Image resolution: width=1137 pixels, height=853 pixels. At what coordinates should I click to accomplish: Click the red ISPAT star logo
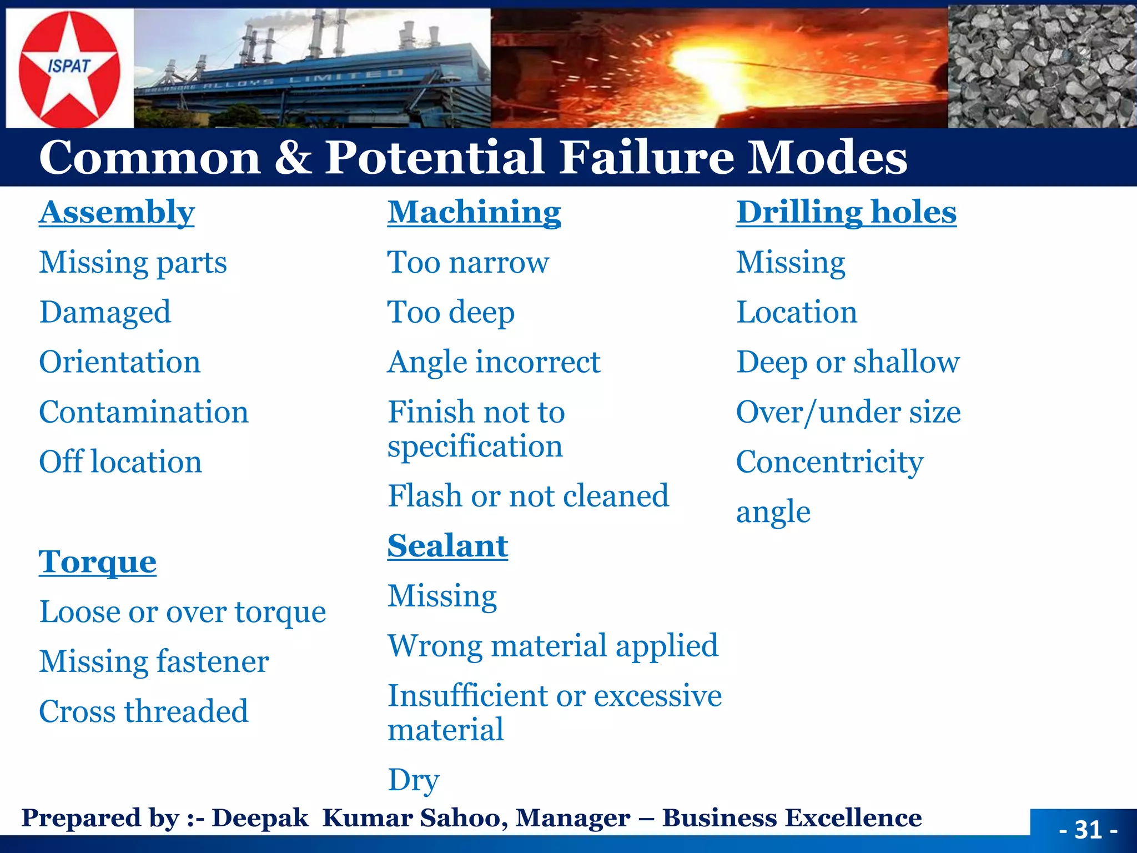click(x=69, y=69)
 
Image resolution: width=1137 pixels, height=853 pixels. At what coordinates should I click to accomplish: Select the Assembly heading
click(x=117, y=212)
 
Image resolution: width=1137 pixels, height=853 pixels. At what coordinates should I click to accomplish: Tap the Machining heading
click(x=474, y=212)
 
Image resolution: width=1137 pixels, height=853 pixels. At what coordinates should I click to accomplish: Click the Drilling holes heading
click(x=846, y=212)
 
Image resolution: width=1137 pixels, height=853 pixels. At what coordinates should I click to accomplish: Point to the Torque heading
click(x=97, y=562)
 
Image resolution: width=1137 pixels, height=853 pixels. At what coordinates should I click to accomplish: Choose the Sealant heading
click(x=447, y=546)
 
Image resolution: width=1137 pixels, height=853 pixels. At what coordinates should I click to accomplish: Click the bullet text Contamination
click(x=143, y=412)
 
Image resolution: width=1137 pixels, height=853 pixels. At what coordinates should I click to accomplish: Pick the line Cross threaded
click(x=143, y=711)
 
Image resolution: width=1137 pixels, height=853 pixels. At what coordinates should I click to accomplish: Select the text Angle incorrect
click(x=494, y=363)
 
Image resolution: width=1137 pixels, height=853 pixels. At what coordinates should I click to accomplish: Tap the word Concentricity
click(x=829, y=462)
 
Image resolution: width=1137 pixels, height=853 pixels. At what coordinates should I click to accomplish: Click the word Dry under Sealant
click(x=413, y=780)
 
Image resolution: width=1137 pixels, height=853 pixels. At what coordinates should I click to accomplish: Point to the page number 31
click(x=1088, y=830)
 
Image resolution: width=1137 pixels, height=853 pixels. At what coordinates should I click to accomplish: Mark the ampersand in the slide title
click(x=293, y=158)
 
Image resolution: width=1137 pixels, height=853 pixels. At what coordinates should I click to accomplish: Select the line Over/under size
click(x=848, y=412)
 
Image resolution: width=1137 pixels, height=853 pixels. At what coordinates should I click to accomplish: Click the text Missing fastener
click(x=154, y=662)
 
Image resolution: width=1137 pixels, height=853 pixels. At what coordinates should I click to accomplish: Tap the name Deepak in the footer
click(x=260, y=818)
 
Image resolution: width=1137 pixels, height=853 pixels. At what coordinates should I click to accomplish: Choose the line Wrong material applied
click(x=552, y=646)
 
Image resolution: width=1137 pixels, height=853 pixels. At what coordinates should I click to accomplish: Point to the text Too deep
click(x=451, y=313)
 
